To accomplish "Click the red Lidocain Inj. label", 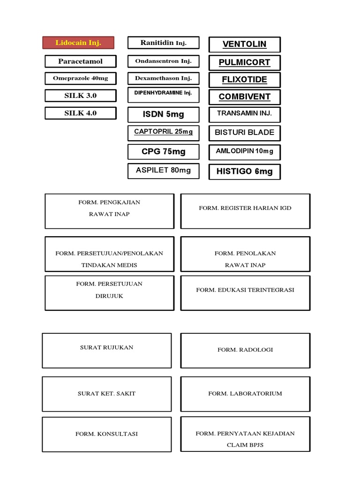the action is tap(78, 43).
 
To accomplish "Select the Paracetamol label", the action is tap(81, 61).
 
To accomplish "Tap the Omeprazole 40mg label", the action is tap(81, 78).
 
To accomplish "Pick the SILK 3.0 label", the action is tap(81, 96).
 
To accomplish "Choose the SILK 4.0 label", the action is tap(81, 113).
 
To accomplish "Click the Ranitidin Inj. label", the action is tap(164, 43).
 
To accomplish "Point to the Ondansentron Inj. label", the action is tap(164, 61).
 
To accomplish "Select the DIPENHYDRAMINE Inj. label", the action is tap(164, 95).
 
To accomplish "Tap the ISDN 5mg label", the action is tap(164, 114).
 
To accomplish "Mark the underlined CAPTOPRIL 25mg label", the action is tap(164, 133).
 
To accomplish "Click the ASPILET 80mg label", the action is tap(164, 171).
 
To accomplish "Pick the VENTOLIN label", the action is tap(245, 45).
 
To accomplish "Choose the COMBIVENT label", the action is tap(245, 97).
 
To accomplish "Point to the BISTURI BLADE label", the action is tap(245, 133).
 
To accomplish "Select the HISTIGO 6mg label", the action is tap(245, 172).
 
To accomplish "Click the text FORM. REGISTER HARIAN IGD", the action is tap(245, 208).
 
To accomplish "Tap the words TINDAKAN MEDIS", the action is tap(109, 265).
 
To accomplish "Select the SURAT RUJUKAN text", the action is tap(106, 347).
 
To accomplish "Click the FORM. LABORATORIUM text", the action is tap(245, 394).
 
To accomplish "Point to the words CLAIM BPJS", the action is tap(245, 445).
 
